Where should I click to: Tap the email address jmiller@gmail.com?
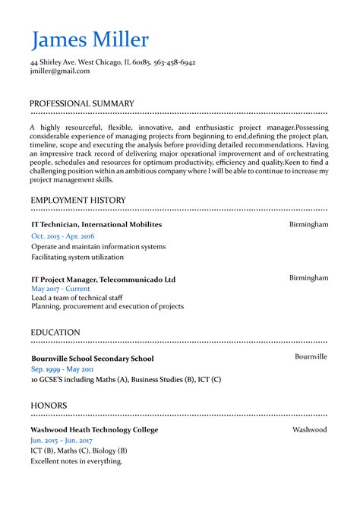tap(60, 71)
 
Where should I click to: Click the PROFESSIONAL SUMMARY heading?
tap(82, 103)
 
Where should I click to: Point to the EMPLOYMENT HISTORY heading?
tap(78, 201)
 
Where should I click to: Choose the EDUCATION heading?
tap(55, 333)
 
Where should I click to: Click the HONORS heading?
tap(49, 406)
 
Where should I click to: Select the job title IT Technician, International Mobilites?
tap(96, 225)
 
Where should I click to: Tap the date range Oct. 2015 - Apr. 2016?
tap(63, 236)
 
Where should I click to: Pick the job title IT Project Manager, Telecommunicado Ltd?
tap(103, 280)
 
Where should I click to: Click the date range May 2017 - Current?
tap(61, 289)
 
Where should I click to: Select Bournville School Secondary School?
tap(93, 359)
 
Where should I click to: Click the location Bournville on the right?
tap(311, 356)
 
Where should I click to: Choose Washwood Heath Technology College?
tap(94, 430)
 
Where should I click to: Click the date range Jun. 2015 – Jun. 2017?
tap(62, 441)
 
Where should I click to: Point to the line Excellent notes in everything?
tap(77, 461)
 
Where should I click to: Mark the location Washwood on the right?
tap(309, 430)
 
